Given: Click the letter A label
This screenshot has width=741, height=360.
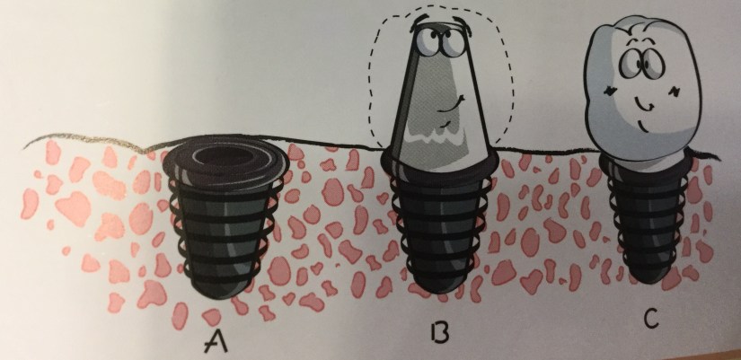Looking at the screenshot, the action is (216, 341).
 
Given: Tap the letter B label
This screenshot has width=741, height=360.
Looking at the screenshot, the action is (438, 331).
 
